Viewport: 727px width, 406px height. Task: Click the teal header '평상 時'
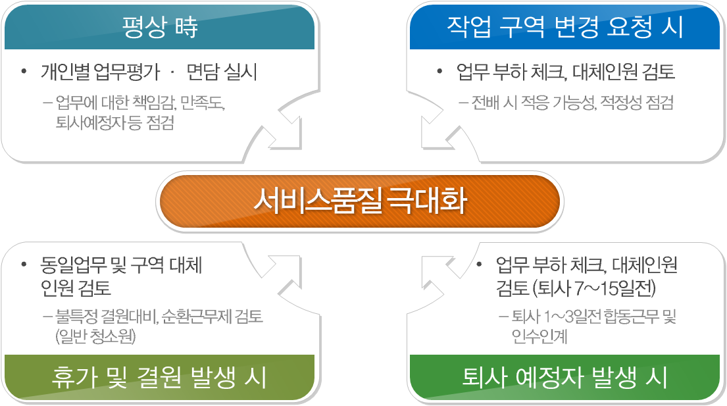click(159, 27)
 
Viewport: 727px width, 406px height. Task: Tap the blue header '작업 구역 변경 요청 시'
click(564, 27)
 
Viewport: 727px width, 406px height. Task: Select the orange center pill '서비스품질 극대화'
click(360, 201)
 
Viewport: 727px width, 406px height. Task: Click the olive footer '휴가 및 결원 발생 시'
click(159, 377)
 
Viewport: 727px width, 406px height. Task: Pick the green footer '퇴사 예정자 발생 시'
click(564, 377)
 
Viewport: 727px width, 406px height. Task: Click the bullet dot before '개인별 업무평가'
click(24, 72)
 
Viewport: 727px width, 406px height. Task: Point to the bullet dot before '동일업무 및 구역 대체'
click(24, 265)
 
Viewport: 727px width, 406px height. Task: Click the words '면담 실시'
click(222, 72)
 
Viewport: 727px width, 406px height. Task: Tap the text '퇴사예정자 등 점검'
click(115, 123)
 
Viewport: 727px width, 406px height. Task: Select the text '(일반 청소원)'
click(95, 336)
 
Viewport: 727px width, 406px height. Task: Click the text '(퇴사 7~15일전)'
click(594, 288)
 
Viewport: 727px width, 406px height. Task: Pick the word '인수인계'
click(539, 336)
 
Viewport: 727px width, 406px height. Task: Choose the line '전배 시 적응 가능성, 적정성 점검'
click(572, 103)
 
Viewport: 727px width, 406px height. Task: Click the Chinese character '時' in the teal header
click(186, 27)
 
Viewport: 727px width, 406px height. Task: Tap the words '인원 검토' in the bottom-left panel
click(76, 288)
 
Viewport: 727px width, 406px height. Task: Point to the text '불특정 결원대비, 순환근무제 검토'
click(159, 317)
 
